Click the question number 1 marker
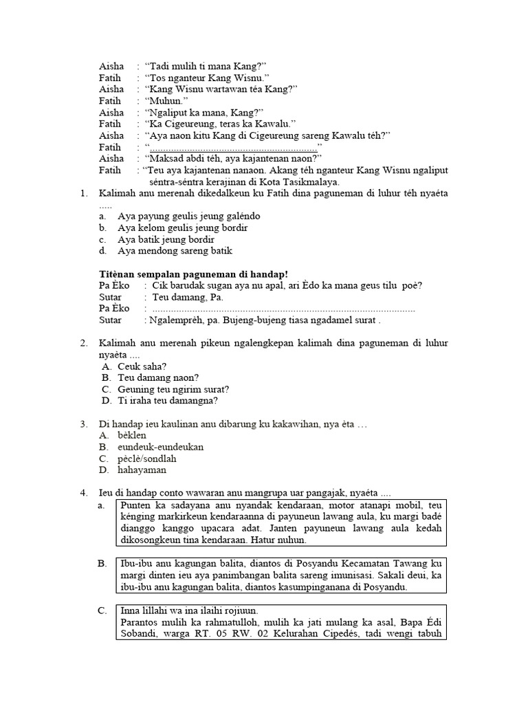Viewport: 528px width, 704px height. coord(83,194)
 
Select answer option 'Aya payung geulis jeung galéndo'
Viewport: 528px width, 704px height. coord(181,216)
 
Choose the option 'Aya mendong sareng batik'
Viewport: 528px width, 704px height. coord(175,251)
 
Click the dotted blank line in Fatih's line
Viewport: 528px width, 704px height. coord(233,147)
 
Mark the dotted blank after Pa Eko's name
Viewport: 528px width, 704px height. coord(282,309)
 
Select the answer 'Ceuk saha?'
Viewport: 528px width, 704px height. coord(142,366)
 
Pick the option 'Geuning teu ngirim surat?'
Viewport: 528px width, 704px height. coord(173,389)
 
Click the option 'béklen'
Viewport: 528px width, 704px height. coord(132,435)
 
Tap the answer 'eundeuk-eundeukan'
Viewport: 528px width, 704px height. coord(160,447)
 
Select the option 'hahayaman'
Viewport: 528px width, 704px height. coord(142,470)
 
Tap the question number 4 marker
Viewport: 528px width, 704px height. coord(83,493)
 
